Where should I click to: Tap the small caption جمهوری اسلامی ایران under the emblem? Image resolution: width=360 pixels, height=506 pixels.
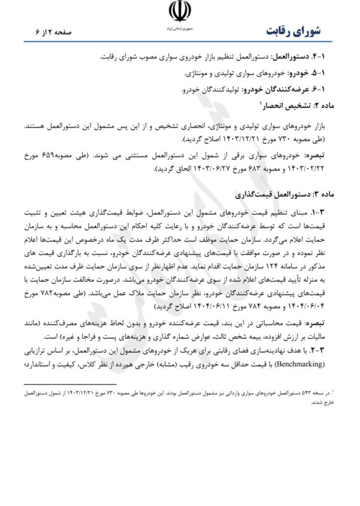click(180, 27)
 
